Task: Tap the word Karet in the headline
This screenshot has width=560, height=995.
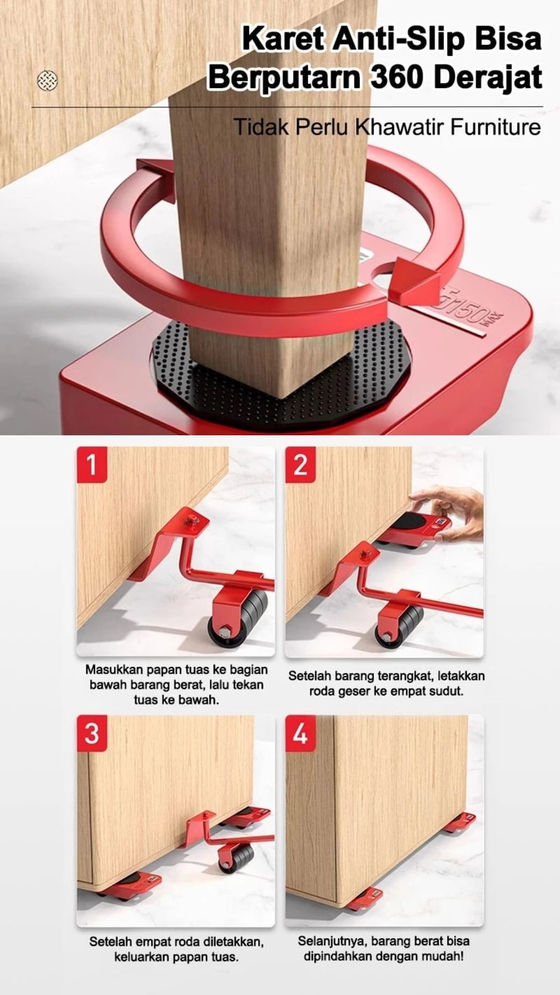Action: (x=284, y=39)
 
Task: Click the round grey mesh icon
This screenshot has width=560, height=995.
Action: (x=47, y=80)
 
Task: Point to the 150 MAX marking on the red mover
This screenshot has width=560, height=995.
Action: (x=470, y=310)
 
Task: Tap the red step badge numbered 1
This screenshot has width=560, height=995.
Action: (x=92, y=465)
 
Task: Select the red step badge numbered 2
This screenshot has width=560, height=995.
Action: (x=300, y=465)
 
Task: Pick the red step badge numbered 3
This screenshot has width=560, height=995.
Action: (x=92, y=733)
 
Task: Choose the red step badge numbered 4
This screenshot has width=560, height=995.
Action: (x=300, y=733)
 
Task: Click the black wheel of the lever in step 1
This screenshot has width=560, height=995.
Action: (x=238, y=620)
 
